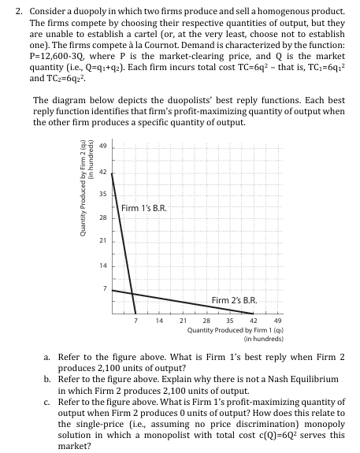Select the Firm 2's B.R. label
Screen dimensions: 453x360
(235, 299)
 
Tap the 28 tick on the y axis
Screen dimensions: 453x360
(102, 217)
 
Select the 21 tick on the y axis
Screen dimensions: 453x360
(102, 240)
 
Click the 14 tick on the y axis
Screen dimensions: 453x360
(102, 265)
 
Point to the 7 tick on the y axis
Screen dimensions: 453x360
(103, 288)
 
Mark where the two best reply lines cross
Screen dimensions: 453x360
(132, 293)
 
